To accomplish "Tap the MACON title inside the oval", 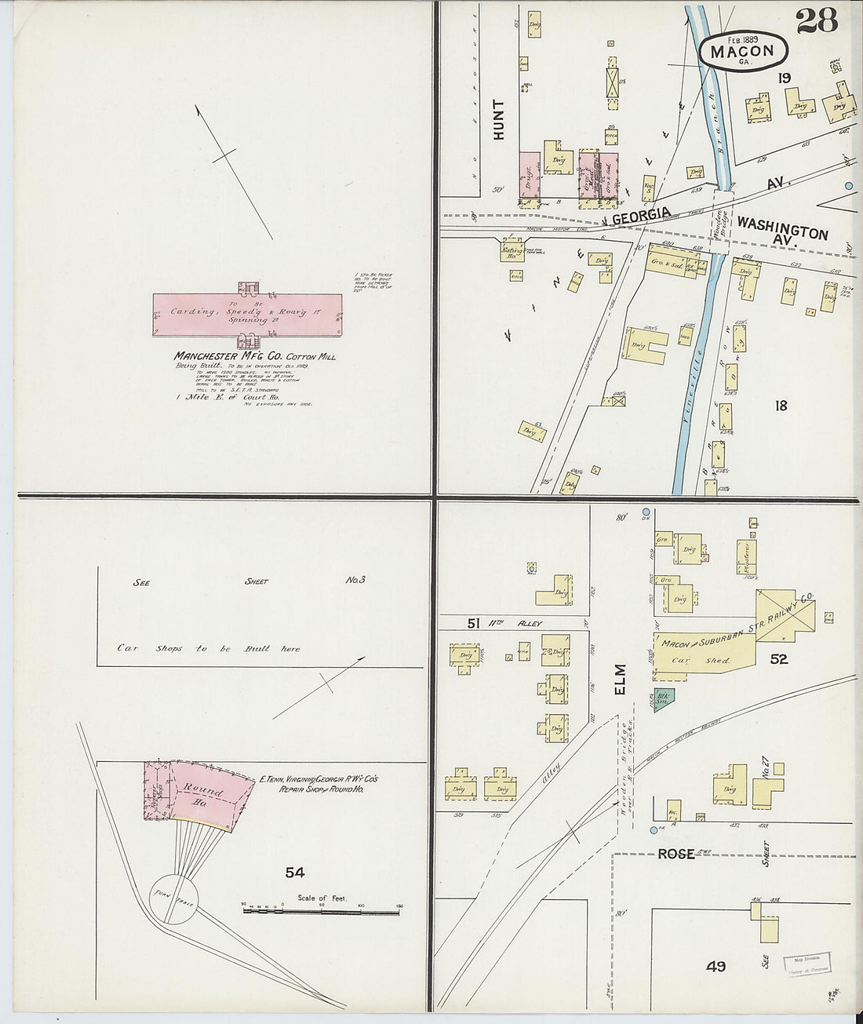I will pos(741,52).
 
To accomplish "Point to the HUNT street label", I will pos(499,119).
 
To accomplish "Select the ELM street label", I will pos(620,680).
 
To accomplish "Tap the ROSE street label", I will pos(675,854).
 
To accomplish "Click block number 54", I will pos(295,872).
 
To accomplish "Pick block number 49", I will pos(715,966).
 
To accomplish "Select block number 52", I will pos(778,659).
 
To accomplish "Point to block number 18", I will pos(780,406).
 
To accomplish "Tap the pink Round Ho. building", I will pos(208,793).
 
